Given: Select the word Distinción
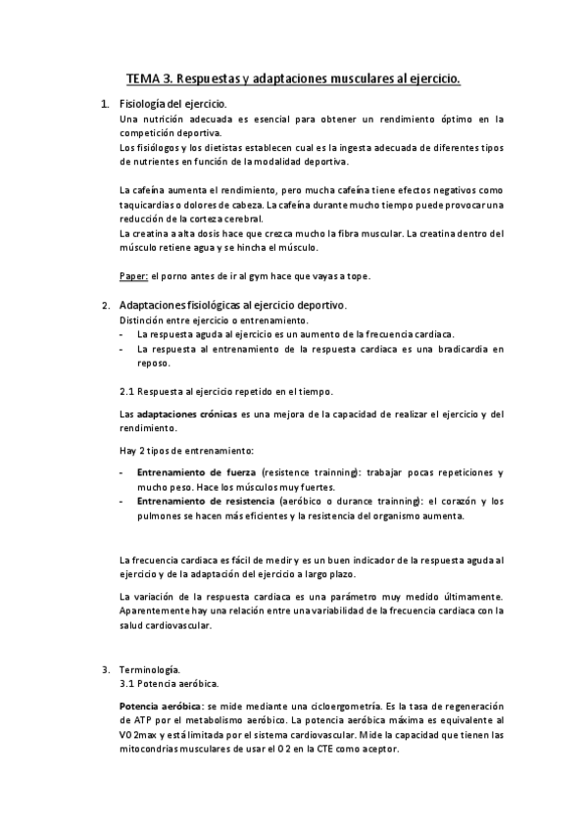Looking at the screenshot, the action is click(x=145, y=320).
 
